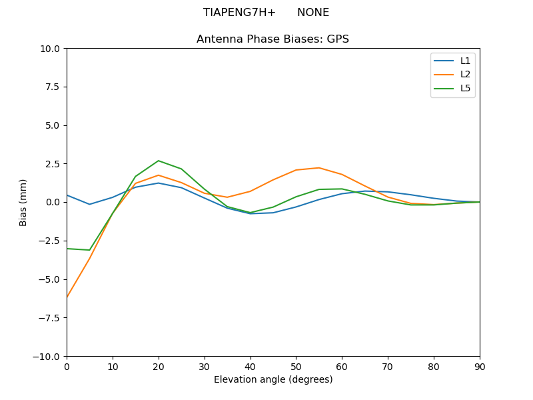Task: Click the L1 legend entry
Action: coord(465,61)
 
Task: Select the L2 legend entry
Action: coord(465,74)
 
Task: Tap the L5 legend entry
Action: coord(465,88)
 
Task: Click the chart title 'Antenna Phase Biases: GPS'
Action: coord(272,39)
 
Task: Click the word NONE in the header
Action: coord(313,13)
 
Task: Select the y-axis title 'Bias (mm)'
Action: coord(23,202)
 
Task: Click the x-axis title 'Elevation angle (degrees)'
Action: coord(273,379)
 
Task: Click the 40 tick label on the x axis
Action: coord(250,367)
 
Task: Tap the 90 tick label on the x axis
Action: coord(480,367)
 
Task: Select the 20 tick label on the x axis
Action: coord(159,367)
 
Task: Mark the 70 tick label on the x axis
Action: coord(388,367)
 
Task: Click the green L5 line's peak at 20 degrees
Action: coord(159,161)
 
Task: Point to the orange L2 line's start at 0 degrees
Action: coord(67,297)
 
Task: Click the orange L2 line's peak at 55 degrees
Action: coord(319,168)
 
